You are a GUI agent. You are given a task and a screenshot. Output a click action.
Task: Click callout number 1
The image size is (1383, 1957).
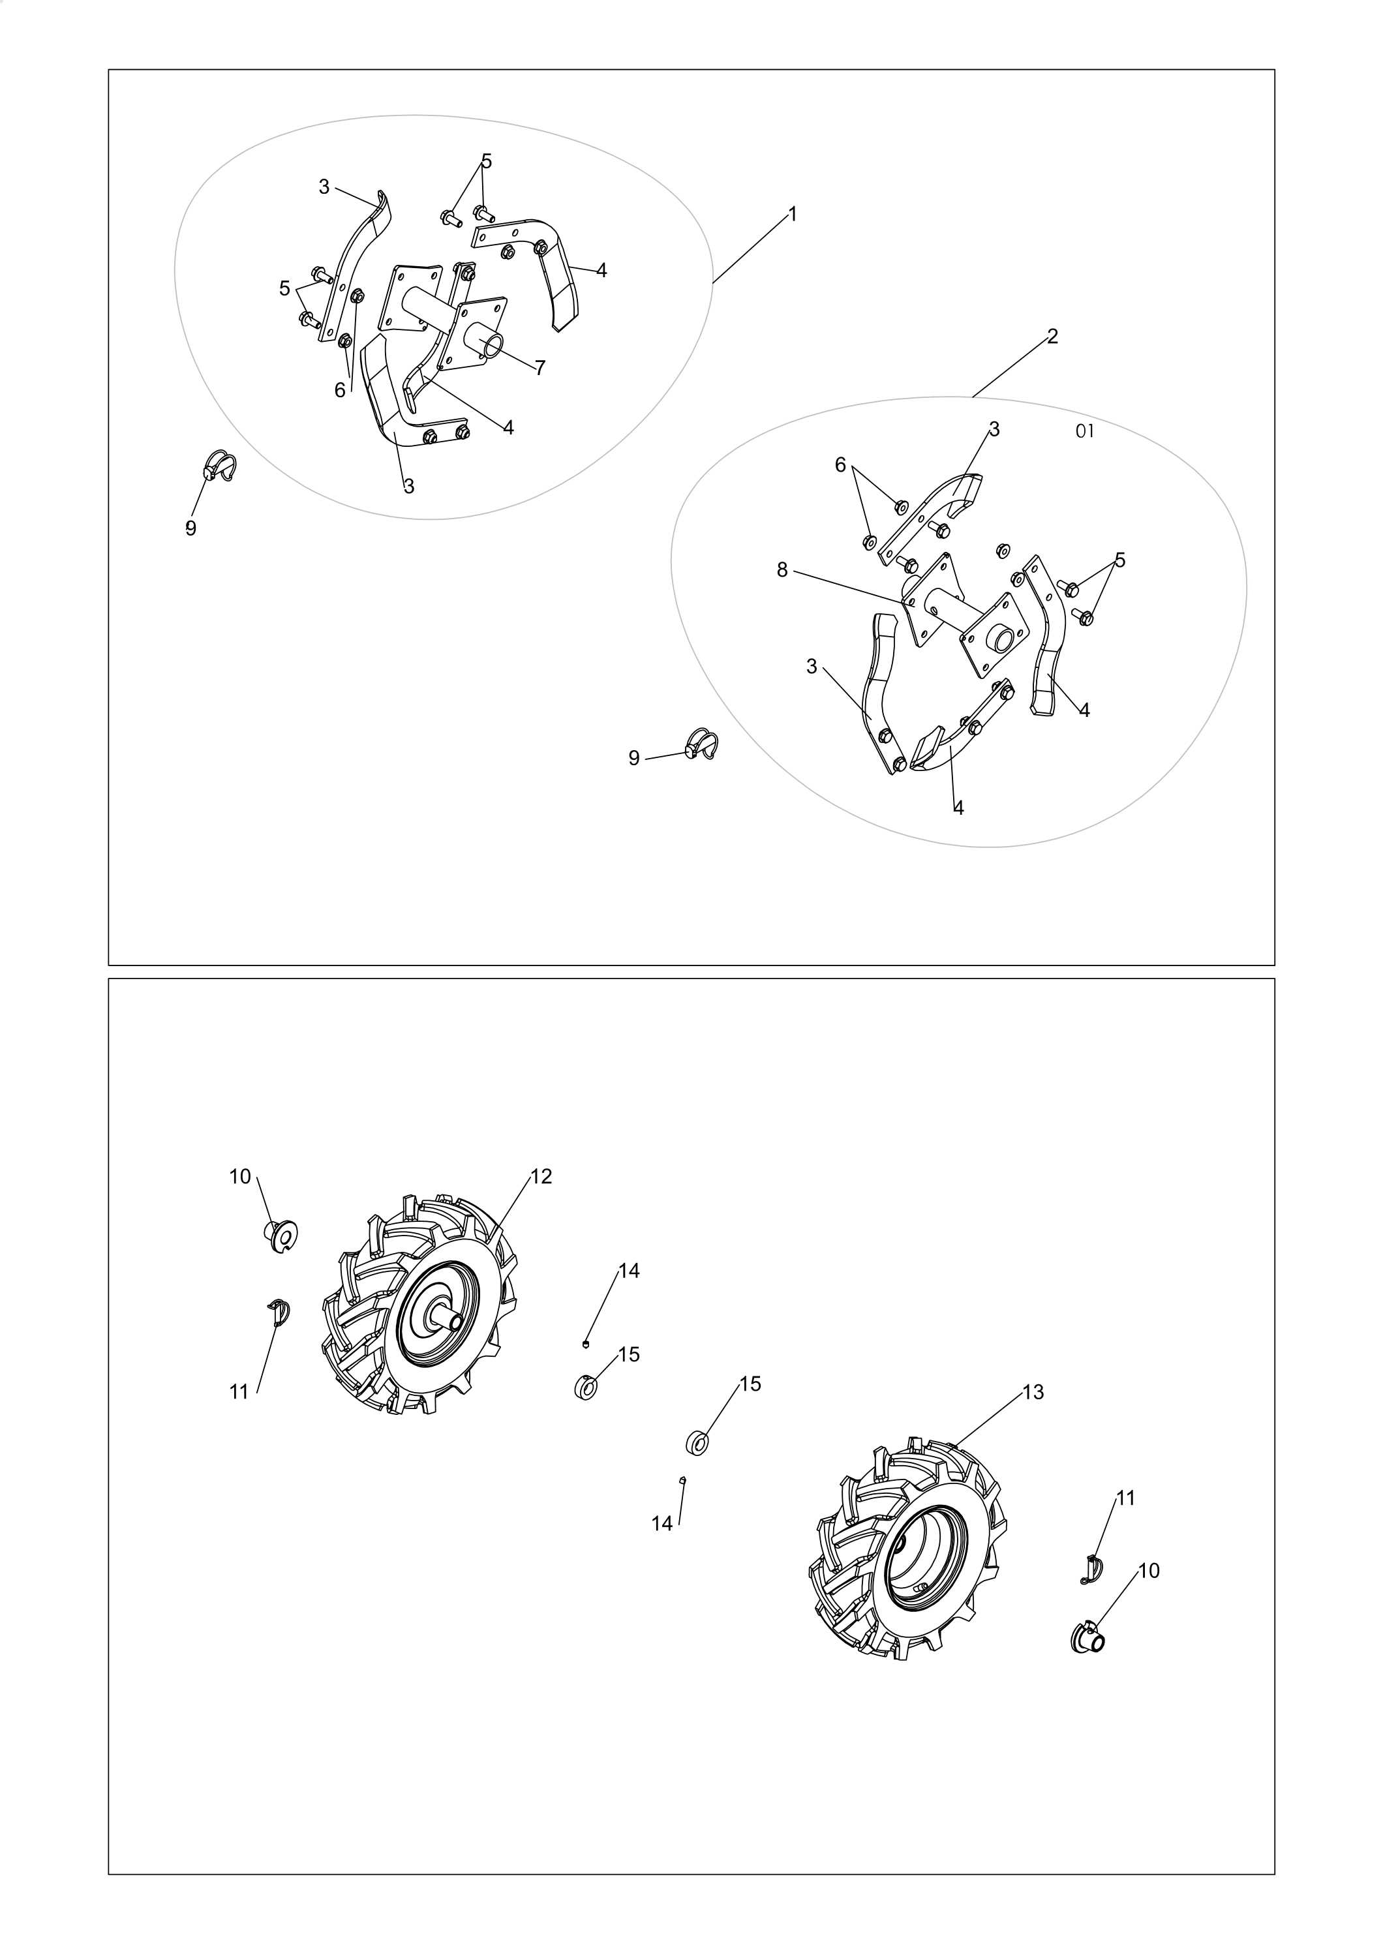(793, 215)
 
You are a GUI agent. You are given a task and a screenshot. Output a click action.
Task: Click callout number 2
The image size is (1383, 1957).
(1052, 337)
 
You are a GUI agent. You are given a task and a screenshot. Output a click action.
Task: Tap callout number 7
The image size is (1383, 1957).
(540, 368)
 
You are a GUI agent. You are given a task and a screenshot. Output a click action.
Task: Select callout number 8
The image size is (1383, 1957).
(782, 570)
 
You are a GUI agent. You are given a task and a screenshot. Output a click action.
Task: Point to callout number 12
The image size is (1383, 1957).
(541, 1176)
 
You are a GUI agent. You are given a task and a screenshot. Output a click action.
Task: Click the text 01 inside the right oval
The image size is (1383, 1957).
(1085, 431)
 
